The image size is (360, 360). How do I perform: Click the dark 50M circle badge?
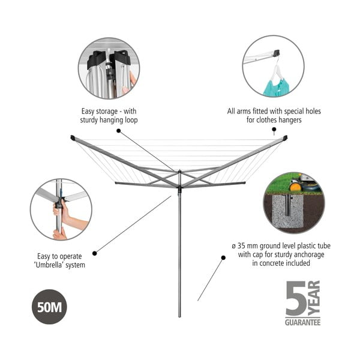coord(49,306)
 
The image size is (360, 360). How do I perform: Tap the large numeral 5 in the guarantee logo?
coord(297,298)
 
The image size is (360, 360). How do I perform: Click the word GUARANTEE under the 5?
coord(302,322)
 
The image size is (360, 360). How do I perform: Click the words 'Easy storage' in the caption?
coord(99,111)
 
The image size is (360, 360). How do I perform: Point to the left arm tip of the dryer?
coord(73,138)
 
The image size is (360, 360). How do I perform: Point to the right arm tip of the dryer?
coord(286,138)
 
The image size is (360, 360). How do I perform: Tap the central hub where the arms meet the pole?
coord(179,175)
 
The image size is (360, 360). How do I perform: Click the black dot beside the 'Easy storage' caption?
coord(119,130)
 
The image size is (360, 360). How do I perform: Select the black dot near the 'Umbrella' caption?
coord(95,253)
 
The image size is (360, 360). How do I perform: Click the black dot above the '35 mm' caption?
coord(223,257)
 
